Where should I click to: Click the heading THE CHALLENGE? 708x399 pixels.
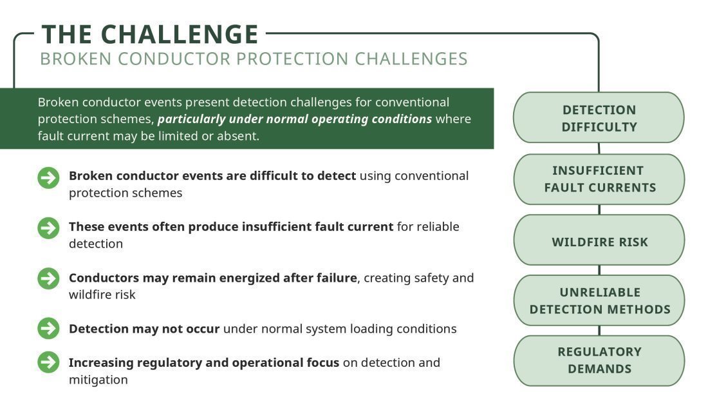point(150,34)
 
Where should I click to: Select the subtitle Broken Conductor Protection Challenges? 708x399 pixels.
point(254,59)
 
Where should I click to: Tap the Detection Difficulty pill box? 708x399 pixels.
point(599,117)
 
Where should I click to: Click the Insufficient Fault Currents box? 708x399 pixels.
point(599,179)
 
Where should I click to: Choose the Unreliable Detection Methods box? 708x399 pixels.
point(599,300)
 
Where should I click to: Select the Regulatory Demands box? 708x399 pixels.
point(599,360)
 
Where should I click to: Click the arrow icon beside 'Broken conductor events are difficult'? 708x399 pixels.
point(48,178)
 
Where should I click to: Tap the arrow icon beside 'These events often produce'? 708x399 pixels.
point(48,228)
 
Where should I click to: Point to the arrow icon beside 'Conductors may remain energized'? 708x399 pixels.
point(48,279)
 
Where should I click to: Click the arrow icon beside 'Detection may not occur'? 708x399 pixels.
point(48,329)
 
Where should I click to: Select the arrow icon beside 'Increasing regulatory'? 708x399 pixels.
point(48,362)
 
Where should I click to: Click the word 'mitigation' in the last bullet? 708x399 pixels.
point(98,380)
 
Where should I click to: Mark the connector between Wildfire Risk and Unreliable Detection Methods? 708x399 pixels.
point(599,270)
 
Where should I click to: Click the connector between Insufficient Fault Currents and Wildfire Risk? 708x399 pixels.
point(599,209)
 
